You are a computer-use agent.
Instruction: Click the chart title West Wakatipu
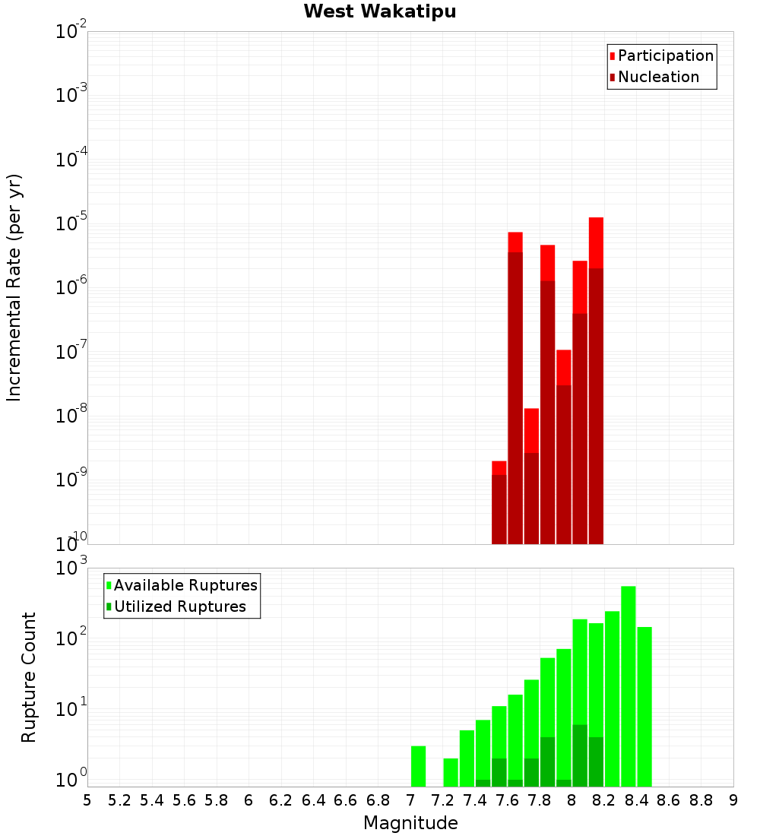coord(380,12)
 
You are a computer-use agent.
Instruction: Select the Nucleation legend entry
coord(657,77)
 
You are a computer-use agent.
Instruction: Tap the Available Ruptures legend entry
coord(185,585)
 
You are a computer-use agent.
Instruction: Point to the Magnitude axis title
coord(410,823)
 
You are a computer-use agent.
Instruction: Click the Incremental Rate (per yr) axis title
coord(14,287)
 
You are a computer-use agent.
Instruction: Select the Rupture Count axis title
coord(29,677)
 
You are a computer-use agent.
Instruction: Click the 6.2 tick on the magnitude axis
coord(281,800)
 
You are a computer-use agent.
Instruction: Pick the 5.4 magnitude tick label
coord(152,800)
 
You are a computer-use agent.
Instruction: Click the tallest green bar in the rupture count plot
coord(629,684)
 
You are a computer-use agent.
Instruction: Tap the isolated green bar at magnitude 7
coord(418,766)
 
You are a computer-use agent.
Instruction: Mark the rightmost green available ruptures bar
coord(644,707)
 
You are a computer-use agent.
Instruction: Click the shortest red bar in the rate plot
coord(499,502)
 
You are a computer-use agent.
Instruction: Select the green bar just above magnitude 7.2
coord(451,772)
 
